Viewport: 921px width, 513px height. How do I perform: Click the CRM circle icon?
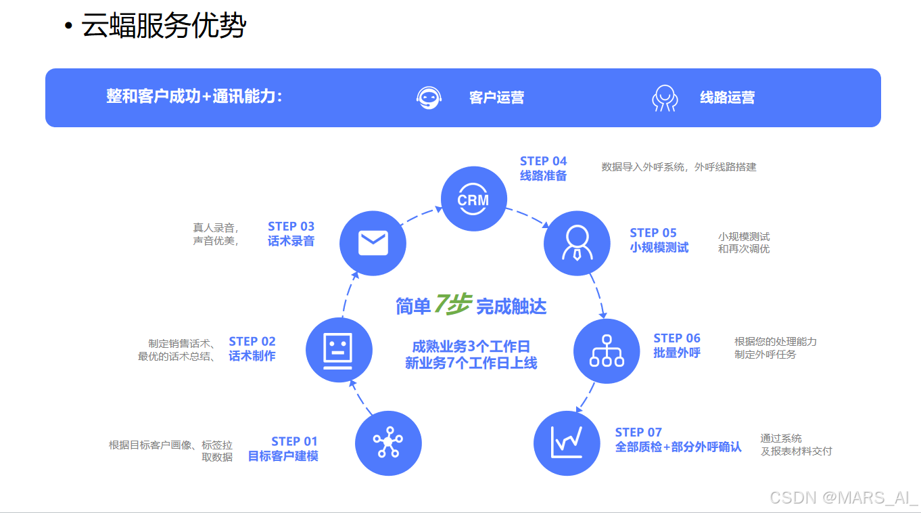tap(473, 199)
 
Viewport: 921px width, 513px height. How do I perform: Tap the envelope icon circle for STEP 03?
tap(373, 242)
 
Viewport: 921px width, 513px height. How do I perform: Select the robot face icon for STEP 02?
tap(339, 350)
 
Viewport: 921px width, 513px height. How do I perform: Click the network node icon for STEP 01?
tap(387, 443)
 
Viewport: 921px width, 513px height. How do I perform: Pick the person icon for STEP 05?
tap(577, 243)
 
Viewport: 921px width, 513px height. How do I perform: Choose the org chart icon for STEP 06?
tap(607, 351)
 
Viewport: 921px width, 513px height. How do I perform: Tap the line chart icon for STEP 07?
tap(567, 443)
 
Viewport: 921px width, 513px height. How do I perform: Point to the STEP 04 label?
tap(543, 161)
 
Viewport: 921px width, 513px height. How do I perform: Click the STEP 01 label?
tap(294, 441)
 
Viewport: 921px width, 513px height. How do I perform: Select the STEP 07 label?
tap(638, 432)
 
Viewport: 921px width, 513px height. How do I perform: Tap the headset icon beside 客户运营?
tap(429, 97)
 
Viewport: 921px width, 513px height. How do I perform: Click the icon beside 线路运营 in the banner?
tap(664, 97)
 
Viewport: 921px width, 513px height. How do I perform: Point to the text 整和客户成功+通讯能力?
tap(194, 97)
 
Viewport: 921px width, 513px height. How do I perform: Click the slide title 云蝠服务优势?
tap(164, 26)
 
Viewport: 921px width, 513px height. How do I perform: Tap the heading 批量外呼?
tap(677, 353)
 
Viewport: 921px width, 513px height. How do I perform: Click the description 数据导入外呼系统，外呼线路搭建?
tap(679, 166)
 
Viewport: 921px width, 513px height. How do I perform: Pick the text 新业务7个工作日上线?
tap(471, 363)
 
